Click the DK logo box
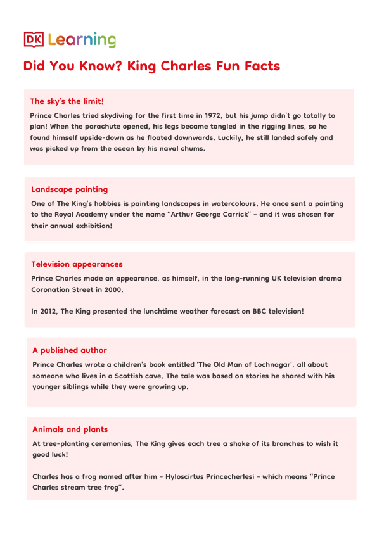[x=33, y=39]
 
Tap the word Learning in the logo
[x=82, y=41]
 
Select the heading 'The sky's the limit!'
[x=67, y=101]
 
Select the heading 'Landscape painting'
[x=70, y=189]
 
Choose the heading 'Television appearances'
[x=77, y=264]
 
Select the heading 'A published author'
[x=70, y=350]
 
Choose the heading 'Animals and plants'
[x=70, y=429]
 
